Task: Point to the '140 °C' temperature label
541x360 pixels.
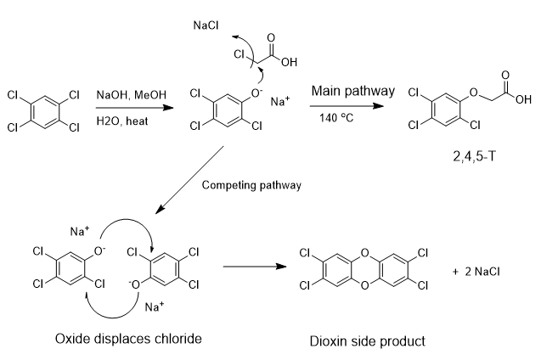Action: click(337, 117)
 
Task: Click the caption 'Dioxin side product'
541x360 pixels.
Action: click(366, 341)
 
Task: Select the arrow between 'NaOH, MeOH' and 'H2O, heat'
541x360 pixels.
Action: click(131, 108)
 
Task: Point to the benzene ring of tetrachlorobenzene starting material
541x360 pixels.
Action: click(43, 111)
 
